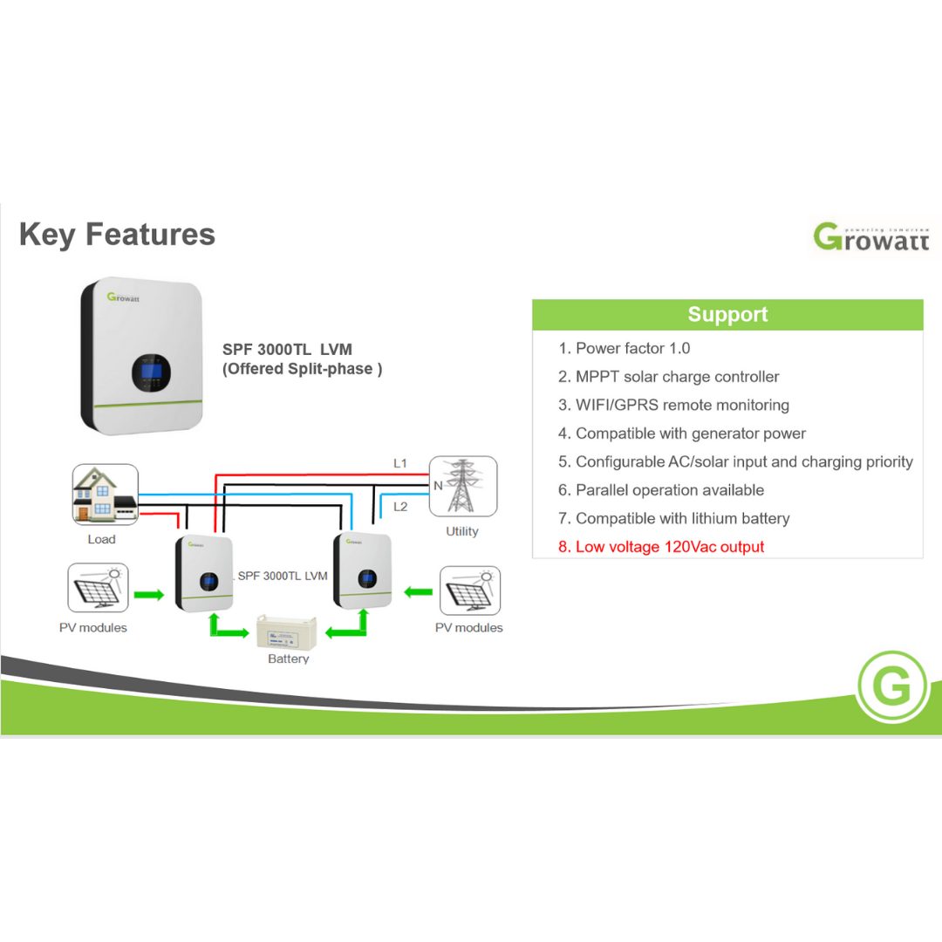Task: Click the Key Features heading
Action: click(x=117, y=235)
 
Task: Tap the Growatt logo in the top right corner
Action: click(x=871, y=235)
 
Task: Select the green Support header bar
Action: click(x=727, y=315)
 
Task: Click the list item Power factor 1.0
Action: click(x=625, y=349)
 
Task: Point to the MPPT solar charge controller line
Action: click(x=669, y=377)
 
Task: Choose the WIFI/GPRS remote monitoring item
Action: click(x=673, y=406)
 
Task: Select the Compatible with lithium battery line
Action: click(x=674, y=519)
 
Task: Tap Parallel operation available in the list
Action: click(x=661, y=490)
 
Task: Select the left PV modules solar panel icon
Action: click(x=98, y=589)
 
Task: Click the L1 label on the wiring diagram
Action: click(x=399, y=463)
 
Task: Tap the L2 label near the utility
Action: click(x=399, y=506)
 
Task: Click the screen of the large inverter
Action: click(x=151, y=372)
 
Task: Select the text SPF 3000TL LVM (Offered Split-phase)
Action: click(x=302, y=359)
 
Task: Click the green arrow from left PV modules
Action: click(x=148, y=595)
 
